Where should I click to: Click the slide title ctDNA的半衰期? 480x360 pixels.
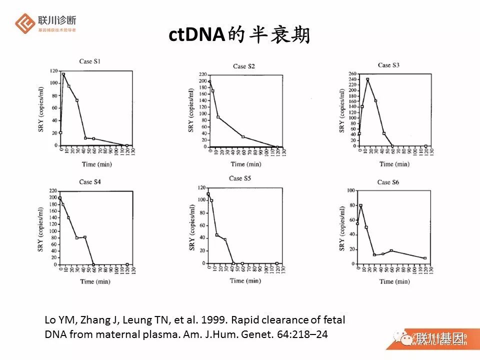pos(239,35)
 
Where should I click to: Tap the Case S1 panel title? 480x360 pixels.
pos(89,61)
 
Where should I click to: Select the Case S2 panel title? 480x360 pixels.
pos(244,66)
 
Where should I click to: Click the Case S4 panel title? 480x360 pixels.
pos(90,181)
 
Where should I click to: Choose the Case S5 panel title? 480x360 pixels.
pos(242,178)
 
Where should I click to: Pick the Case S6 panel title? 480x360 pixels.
pos(388,182)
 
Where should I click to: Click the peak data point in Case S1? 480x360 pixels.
pos(63,74)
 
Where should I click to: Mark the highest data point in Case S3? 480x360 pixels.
pos(367,79)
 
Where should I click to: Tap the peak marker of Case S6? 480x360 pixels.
pos(360,205)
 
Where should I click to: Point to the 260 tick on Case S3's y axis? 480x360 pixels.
pos(352,73)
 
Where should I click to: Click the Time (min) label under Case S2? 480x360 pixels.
pos(245,164)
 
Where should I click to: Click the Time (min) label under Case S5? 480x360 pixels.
pos(245,280)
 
